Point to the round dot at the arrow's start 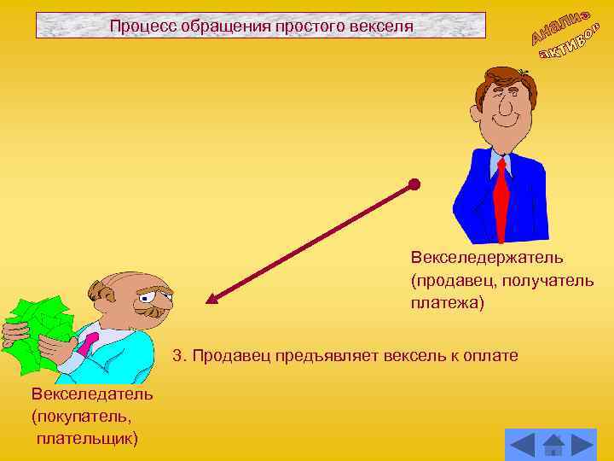pos(414,184)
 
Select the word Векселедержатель pos(487,257)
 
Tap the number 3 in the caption pos(177,354)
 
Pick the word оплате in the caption pos(490,354)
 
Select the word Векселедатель pos(92,394)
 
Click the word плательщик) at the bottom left pos(87,438)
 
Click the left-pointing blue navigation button pos(521,446)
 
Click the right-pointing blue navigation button pos(583,446)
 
